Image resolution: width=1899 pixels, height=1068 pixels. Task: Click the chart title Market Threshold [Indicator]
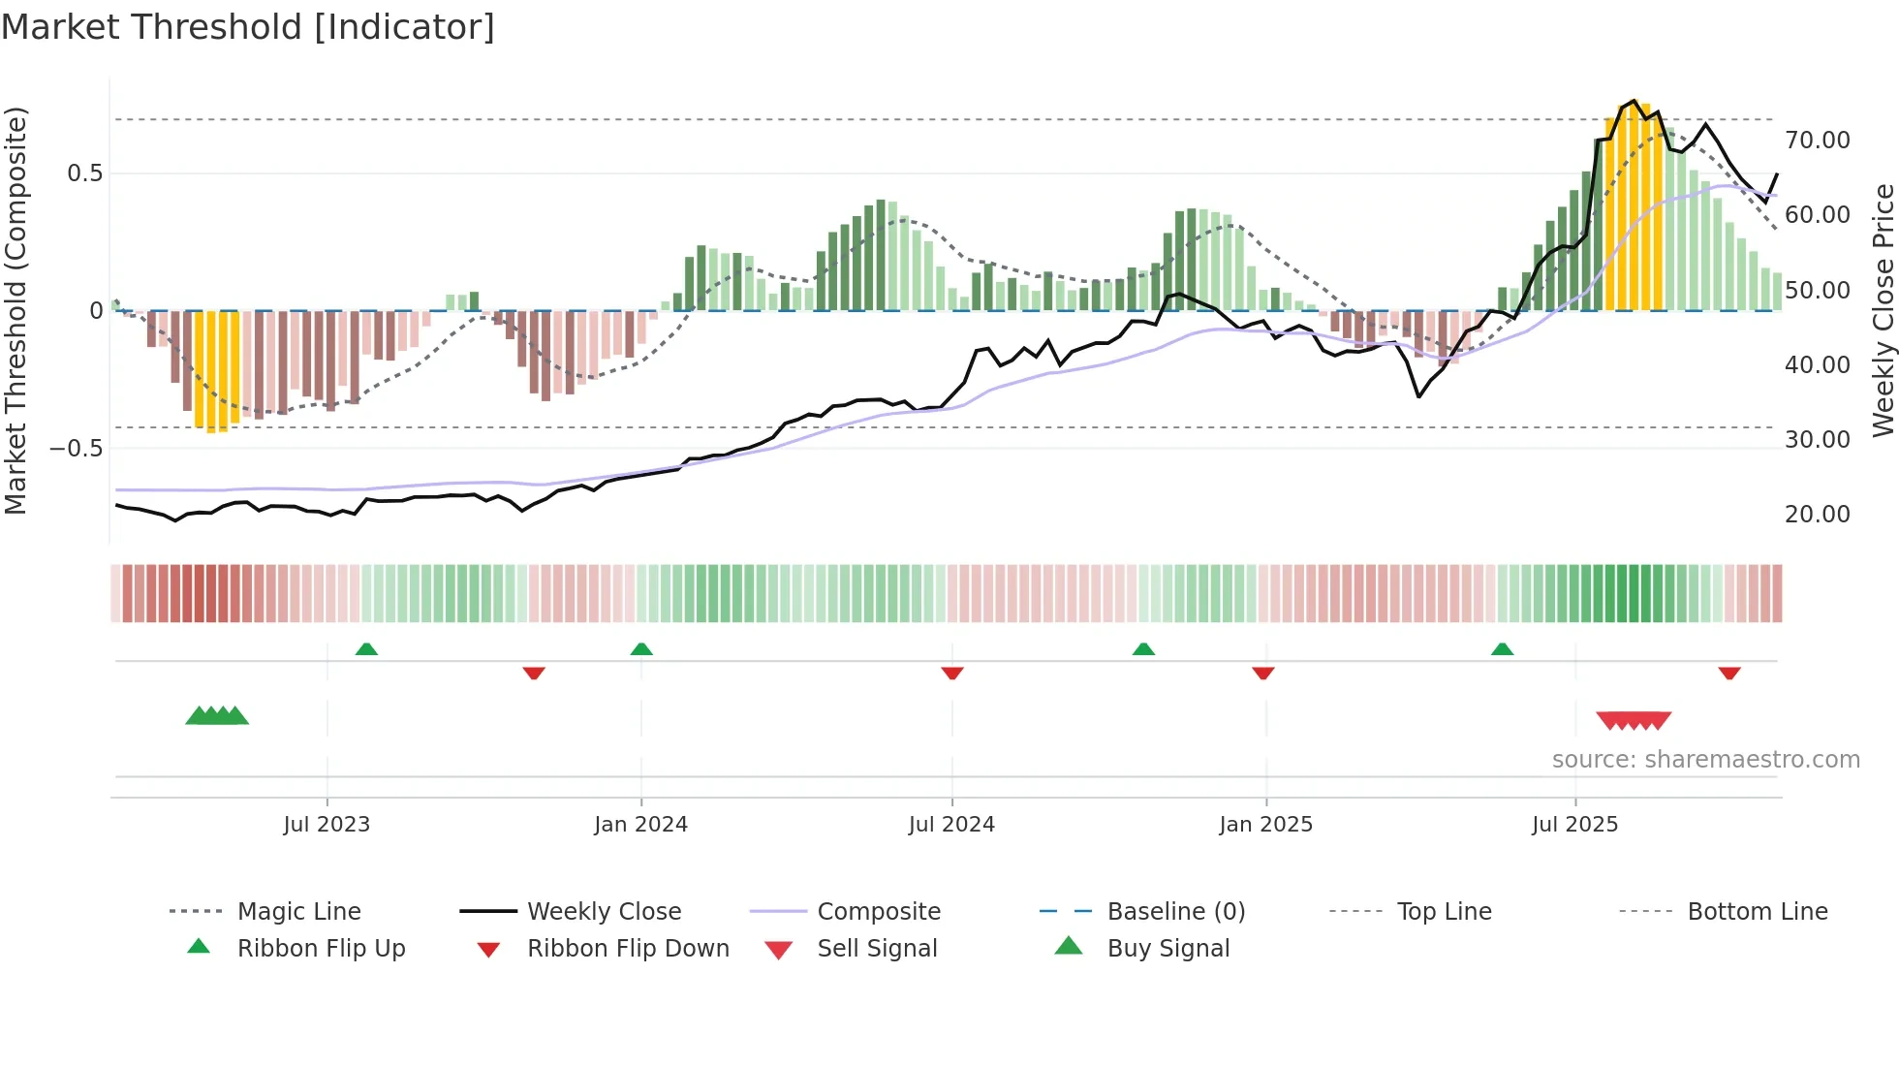coord(248,27)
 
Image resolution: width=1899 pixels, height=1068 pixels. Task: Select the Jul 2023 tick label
coord(327,824)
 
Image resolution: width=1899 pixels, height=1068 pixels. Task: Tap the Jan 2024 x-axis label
coord(640,824)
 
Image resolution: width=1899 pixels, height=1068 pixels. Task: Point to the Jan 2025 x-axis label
coord(1265,824)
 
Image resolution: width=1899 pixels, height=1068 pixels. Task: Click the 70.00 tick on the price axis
coord(1817,141)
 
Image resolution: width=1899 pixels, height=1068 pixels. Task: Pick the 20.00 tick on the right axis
coord(1817,515)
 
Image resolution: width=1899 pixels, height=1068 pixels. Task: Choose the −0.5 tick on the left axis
coord(76,448)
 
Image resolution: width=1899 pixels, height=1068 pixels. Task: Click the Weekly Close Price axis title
coord(1883,310)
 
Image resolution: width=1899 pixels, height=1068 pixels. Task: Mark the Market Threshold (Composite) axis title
coord(16,310)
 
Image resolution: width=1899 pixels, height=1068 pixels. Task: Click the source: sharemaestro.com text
coord(1705,759)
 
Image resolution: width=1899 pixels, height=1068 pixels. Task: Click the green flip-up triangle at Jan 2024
coord(641,648)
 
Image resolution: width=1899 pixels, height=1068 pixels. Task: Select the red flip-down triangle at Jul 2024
coord(951,673)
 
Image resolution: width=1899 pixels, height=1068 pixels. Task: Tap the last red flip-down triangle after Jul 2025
coord(1729,673)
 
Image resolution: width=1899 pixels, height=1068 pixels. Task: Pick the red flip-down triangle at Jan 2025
coord(1262,673)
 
